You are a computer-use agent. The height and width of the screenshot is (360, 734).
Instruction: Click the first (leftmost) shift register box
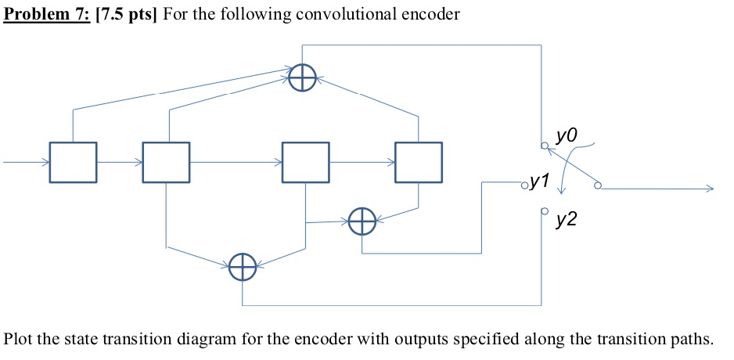[73, 162]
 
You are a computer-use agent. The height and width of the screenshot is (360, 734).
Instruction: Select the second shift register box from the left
[165, 162]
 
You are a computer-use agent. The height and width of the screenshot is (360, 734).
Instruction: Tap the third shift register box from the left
[306, 162]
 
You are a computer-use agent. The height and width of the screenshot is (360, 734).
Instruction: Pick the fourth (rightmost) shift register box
[418, 162]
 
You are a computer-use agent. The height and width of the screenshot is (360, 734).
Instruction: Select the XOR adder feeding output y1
[362, 221]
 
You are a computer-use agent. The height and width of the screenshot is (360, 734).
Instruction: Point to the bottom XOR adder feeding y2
[243, 268]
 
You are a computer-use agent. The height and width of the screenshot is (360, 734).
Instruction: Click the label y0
[566, 137]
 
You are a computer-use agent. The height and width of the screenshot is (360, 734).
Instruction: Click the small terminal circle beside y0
[542, 146]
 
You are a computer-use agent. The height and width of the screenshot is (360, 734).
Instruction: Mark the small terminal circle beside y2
[542, 211]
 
